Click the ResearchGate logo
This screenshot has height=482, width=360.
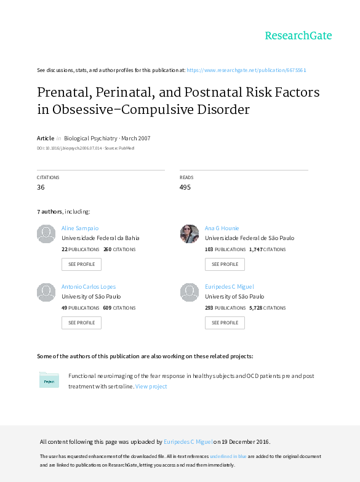click(298, 36)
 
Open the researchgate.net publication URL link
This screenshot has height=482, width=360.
click(246, 70)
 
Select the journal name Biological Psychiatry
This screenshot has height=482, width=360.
click(90, 139)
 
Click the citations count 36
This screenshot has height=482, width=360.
click(41, 187)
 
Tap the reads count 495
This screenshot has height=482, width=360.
click(185, 187)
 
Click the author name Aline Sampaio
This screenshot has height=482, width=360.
click(80, 228)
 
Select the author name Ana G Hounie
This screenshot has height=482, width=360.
click(222, 228)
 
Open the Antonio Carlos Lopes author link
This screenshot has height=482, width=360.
click(89, 286)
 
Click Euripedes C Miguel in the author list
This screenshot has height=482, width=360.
click(230, 286)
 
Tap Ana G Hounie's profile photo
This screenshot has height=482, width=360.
click(190, 234)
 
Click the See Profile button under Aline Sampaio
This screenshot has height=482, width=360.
click(81, 264)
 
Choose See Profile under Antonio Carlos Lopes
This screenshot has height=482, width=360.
click(81, 323)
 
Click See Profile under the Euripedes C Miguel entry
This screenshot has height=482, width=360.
click(225, 323)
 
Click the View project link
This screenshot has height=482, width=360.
click(151, 387)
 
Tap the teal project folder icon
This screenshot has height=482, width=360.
click(49, 380)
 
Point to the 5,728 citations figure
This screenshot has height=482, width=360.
click(256, 308)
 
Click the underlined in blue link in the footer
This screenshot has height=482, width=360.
click(228, 456)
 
